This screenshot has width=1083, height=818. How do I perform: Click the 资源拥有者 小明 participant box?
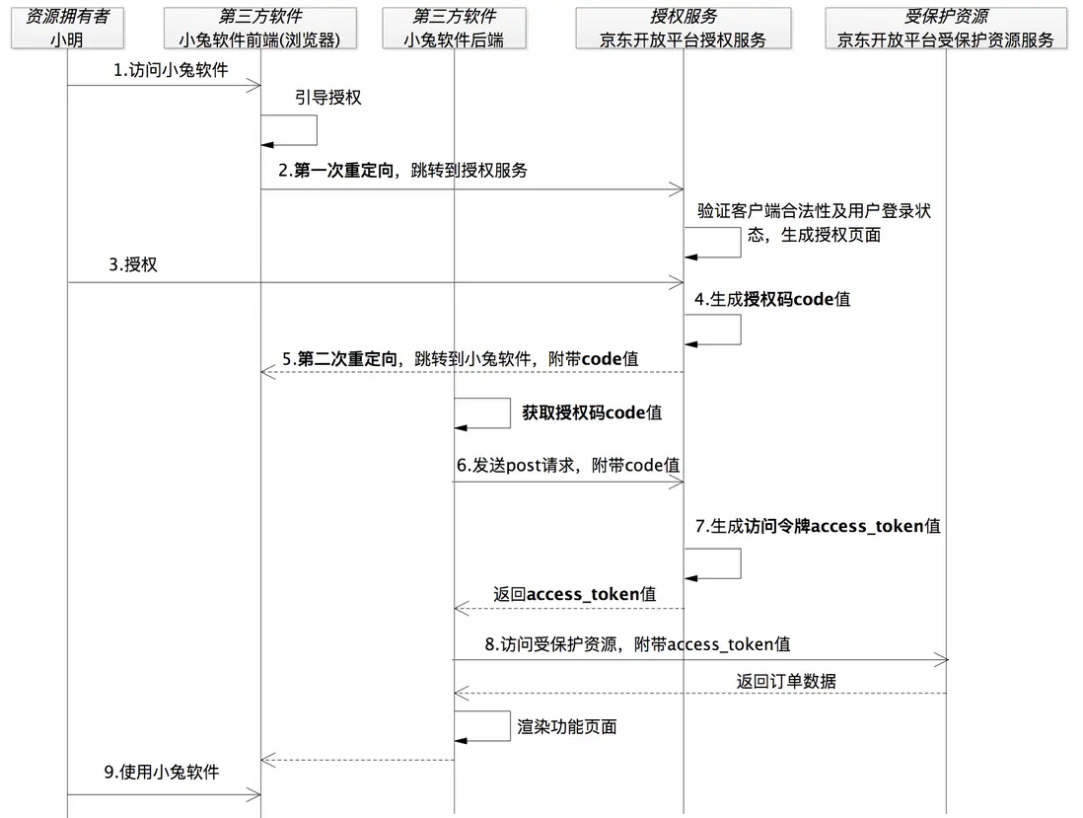[x=68, y=29]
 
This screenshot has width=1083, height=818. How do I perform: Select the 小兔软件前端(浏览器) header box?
[x=260, y=29]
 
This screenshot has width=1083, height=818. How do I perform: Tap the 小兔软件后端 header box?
[x=455, y=29]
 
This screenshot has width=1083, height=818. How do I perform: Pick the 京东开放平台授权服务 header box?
[x=684, y=29]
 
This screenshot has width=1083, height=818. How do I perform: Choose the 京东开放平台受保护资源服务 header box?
[x=946, y=29]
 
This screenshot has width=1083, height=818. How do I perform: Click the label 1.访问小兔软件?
[x=171, y=70]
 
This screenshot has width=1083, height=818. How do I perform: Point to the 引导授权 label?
[x=328, y=98]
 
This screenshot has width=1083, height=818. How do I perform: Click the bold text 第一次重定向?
[x=344, y=171]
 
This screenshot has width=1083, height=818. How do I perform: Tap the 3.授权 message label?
[x=133, y=264]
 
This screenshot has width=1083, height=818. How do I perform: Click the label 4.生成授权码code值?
[x=772, y=299]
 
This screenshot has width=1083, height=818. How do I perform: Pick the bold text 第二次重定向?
[x=347, y=359]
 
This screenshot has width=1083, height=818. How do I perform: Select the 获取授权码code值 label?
[x=592, y=413]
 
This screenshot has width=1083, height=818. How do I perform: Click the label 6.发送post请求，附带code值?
[x=568, y=466]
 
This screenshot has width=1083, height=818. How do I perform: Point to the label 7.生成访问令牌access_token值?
[x=818, y=527]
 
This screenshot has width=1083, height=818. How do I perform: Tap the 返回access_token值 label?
[x=575, y=594]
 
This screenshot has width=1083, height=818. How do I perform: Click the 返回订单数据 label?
[x=786, y=682]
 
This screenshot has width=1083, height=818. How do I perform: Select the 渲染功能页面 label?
[x=567, y=727]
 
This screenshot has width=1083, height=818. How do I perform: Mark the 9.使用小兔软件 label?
[x=162, y=772]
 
